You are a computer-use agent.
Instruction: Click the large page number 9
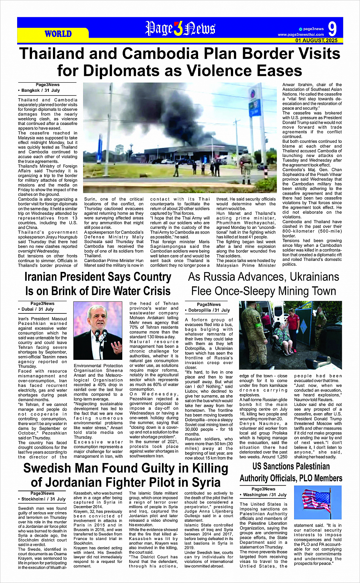pos(333,29)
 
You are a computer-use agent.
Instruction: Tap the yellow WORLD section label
pos(58,34)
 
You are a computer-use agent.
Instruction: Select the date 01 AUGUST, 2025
pos(316,40)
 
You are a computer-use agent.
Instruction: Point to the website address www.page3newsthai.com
pos(301,35)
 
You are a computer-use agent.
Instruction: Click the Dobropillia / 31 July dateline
pos(209,310)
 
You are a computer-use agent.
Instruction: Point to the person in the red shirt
pos(293,324)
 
